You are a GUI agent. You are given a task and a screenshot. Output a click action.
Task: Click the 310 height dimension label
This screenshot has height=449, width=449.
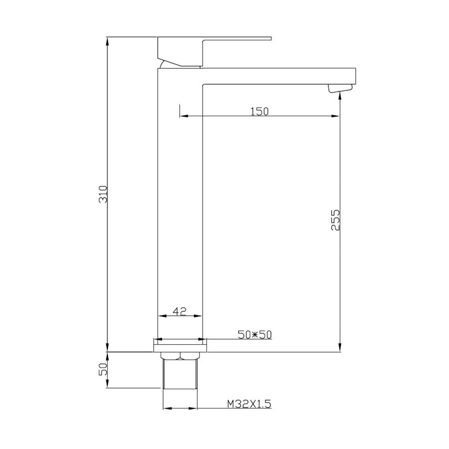(x=103, y=194)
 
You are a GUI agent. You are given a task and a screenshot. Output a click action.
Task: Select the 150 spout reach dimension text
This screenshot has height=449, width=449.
(x=259, y=111)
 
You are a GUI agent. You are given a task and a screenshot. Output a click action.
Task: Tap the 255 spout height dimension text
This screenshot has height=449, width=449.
(x=335, y=220)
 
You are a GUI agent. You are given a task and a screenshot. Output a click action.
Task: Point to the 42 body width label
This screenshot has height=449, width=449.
(x=180, y=311)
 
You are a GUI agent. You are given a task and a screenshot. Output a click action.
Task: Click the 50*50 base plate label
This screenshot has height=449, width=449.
(x=254, y=335)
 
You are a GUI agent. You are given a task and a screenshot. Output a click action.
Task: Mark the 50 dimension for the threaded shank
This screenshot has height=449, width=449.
(x=103, y=370)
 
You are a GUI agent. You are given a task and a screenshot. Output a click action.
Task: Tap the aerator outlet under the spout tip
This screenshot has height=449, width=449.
(x=339, y=89)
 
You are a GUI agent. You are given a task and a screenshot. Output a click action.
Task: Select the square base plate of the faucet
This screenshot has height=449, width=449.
(x=180, y=345)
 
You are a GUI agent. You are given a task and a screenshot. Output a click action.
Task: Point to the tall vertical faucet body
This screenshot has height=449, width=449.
(x=180, y=200)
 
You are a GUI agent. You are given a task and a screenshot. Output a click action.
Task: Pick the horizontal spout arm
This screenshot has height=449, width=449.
(x=279, y=75)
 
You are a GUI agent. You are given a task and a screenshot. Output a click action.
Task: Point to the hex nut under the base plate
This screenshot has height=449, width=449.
(x=180, y=356)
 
